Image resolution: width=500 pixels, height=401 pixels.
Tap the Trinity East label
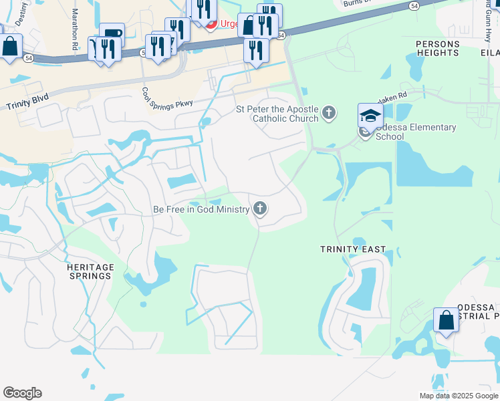tap(353, 249)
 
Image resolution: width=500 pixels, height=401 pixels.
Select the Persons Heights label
tap(438, 49)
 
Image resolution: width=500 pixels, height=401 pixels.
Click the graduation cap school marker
tap(370, 116)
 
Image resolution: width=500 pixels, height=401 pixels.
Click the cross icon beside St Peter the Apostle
tap(329, 112)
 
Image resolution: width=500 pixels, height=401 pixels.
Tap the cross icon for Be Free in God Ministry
tap(260, 210)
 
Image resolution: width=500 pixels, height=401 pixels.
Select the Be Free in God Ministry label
tap(201, 210)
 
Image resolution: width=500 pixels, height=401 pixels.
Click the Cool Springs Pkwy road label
tap(162, 104)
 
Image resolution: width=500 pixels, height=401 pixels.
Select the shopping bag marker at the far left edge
tap(9, 48)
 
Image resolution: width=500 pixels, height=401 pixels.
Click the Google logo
tap(22, 393)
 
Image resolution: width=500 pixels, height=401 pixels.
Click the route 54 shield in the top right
tap(414, 5)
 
